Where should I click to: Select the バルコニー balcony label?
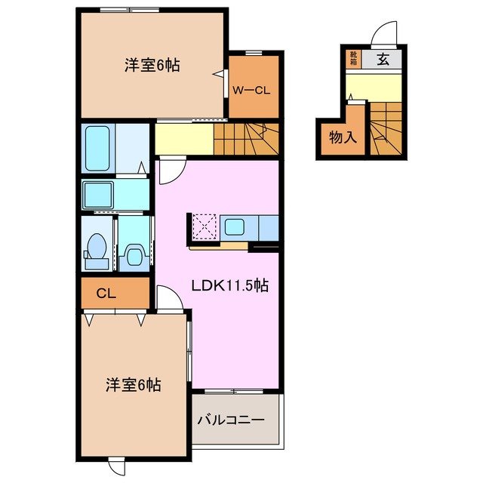click(x=231, y=419)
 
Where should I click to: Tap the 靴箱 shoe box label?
click(x=352, y=58)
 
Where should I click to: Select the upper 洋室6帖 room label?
click(x=152, y=65)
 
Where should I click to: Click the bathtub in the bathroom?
click(x=98, y=148)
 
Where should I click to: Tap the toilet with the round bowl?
click(x=96, y=248)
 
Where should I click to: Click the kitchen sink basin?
click(x=233, y=226)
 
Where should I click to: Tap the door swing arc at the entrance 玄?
click(x=385, y=32)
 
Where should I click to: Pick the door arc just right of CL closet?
click(x=168, y=297)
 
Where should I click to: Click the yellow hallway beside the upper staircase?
click(x=184, y=138)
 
